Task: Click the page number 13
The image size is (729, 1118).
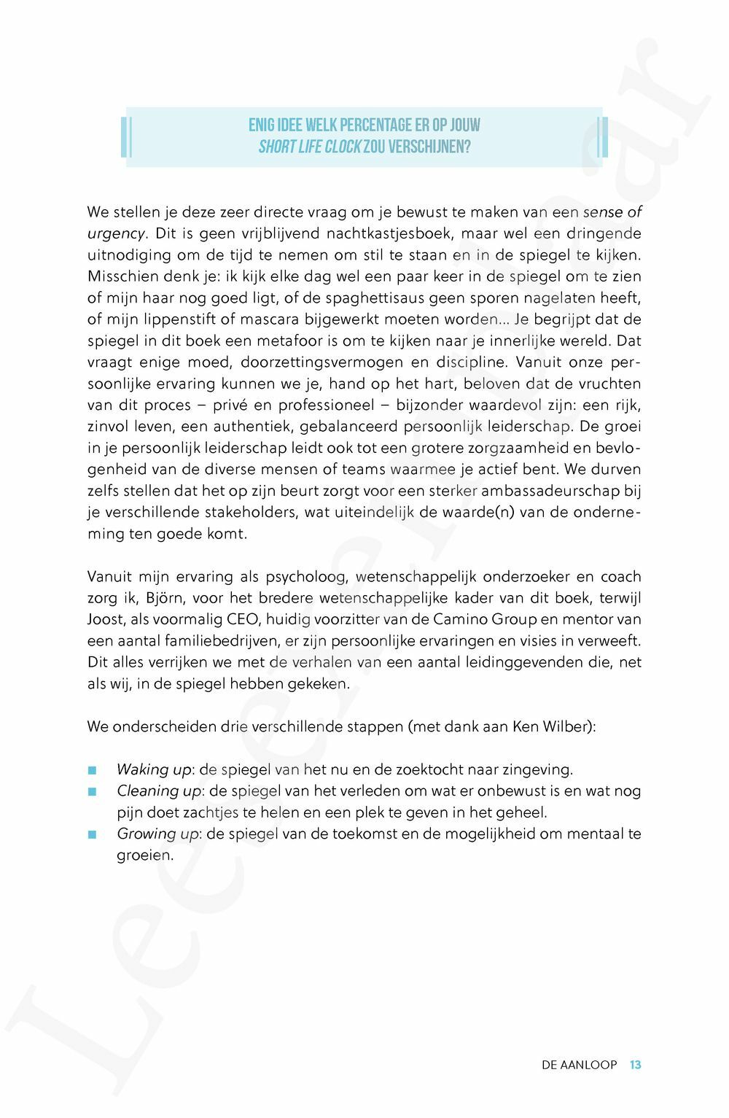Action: coord(635,1065)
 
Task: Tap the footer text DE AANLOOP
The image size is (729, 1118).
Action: coord(579,1065)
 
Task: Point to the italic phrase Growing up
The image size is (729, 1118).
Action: coord(157,834)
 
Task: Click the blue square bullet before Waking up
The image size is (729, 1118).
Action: coord(92,770)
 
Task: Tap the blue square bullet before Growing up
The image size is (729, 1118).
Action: coord(92,834)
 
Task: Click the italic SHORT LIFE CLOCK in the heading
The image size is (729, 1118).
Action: coord(310,147)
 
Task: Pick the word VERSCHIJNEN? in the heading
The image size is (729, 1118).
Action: coord(429,147)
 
